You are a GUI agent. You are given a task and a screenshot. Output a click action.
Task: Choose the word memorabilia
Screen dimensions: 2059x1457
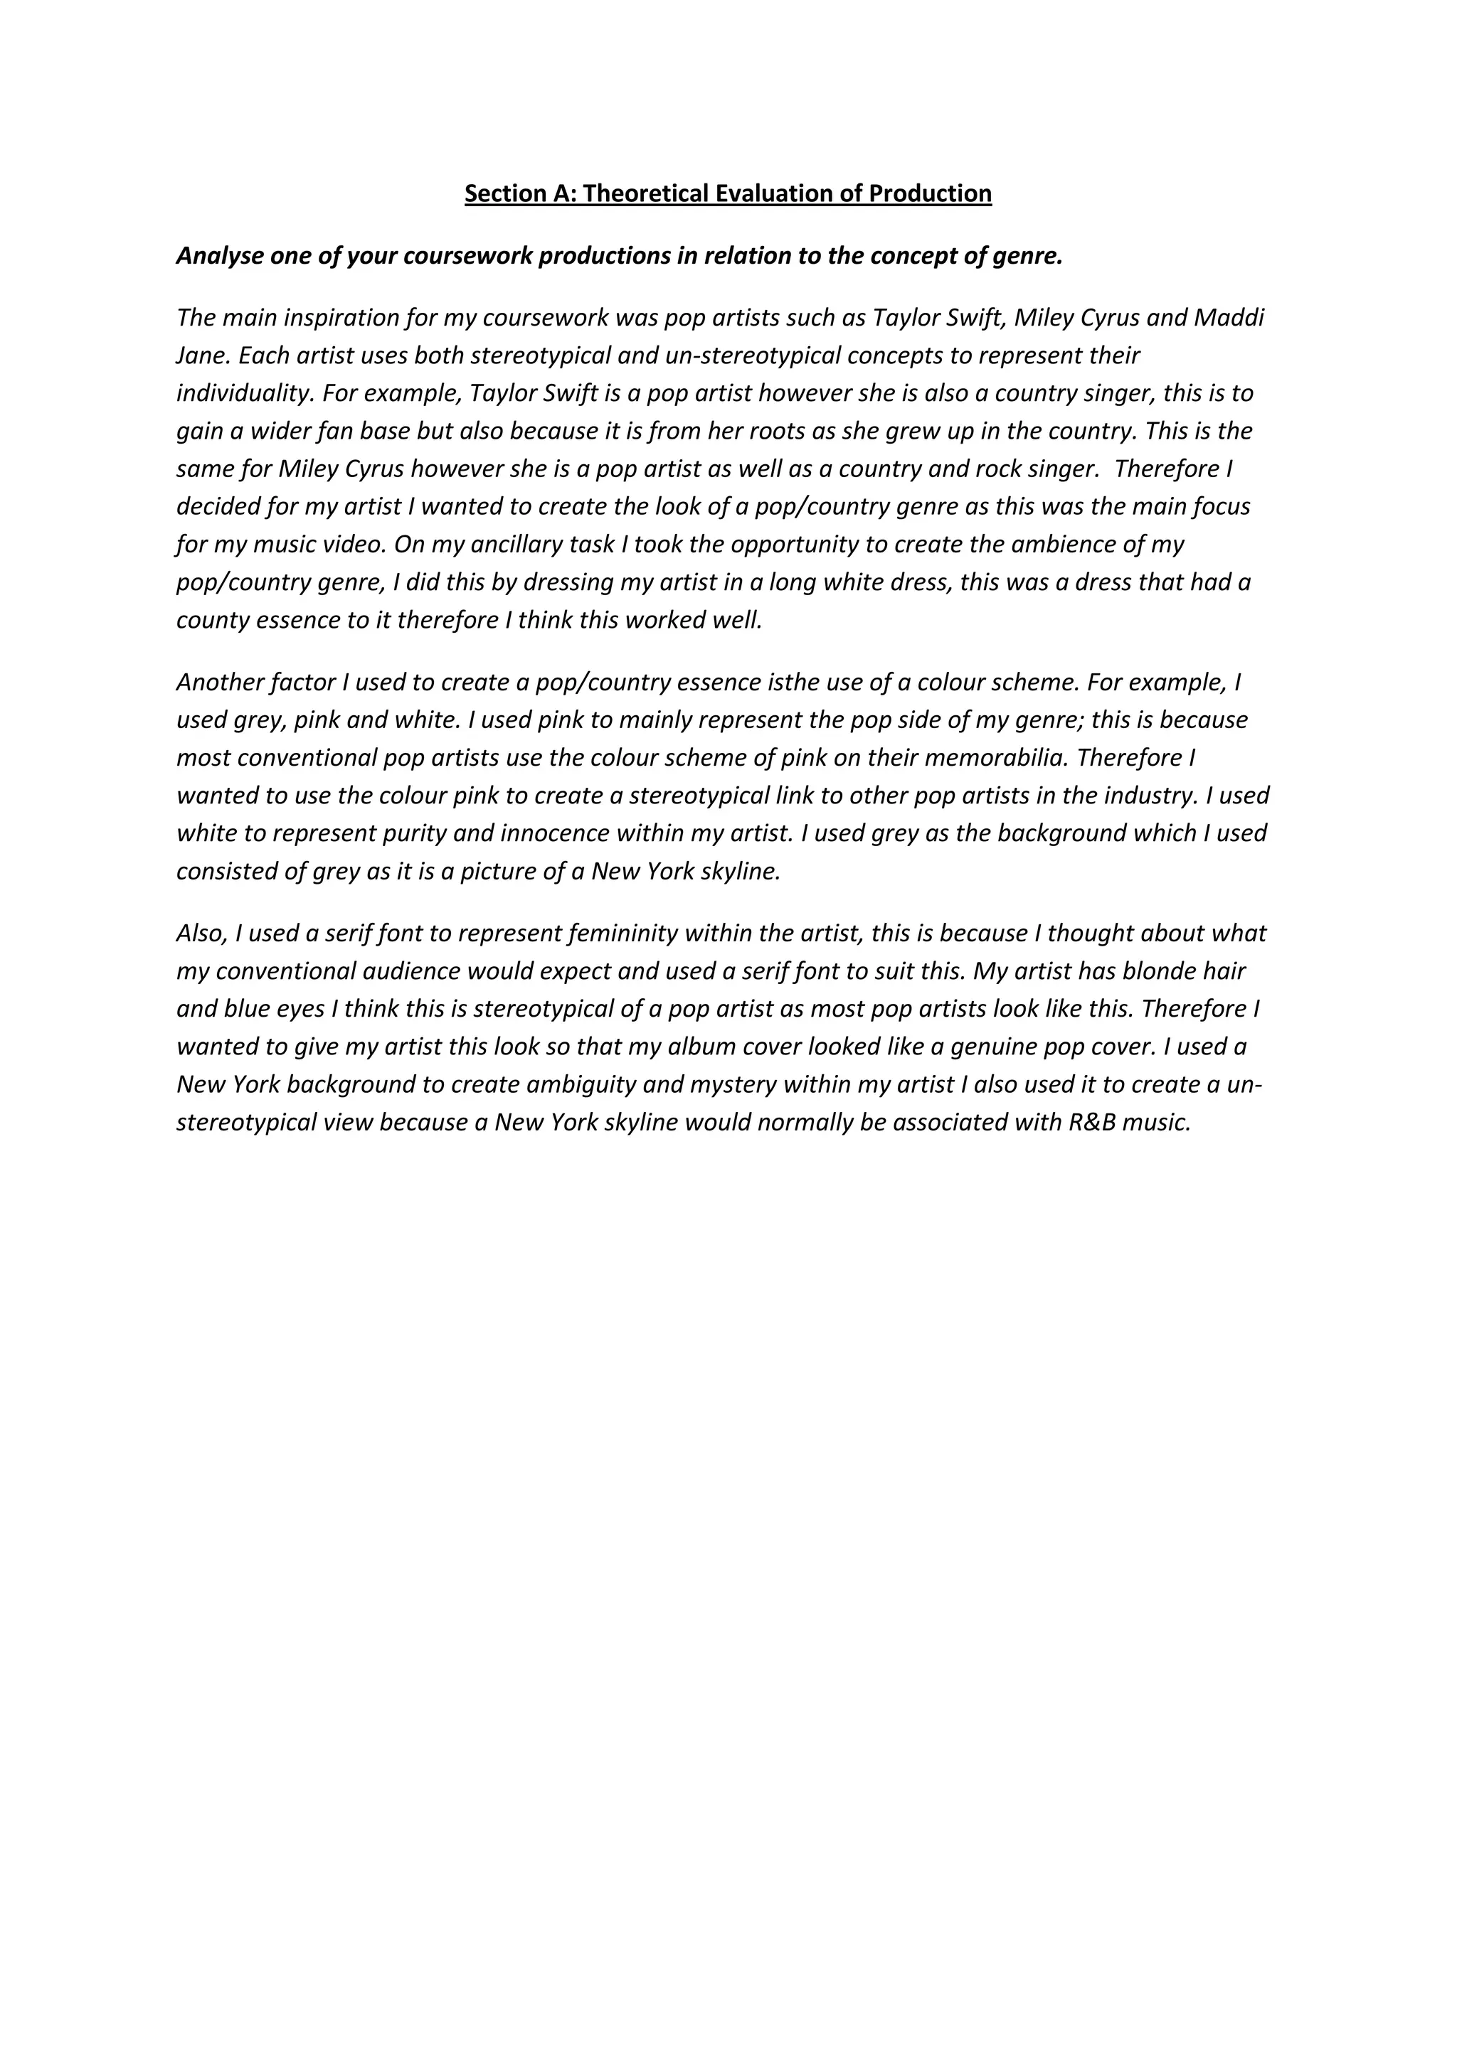(x=996, y=758)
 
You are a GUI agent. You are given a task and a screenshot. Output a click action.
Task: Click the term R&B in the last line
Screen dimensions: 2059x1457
(x=1092, y=1122)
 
